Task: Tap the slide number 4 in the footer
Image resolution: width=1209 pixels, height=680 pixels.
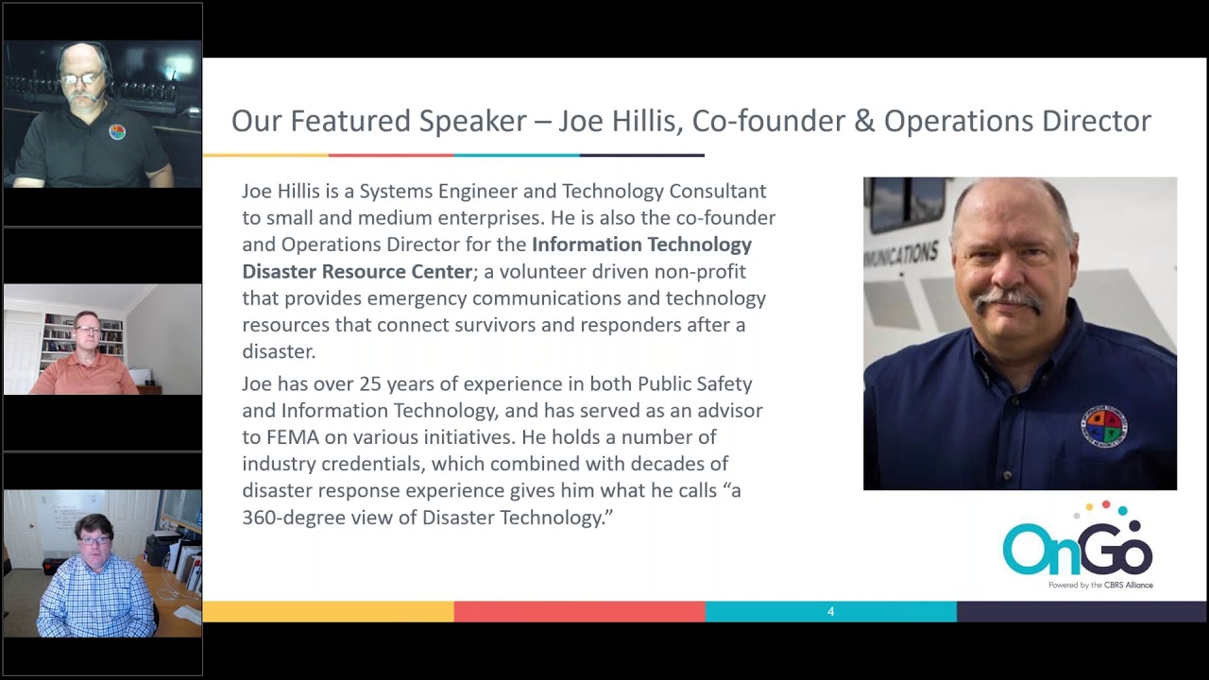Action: click(830, 612)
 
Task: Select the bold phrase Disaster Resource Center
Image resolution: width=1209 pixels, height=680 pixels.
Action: click(357, 272)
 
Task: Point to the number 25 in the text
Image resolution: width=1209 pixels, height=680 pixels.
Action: click(359, 384)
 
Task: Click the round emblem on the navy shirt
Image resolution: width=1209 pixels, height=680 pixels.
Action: click(1104, 427)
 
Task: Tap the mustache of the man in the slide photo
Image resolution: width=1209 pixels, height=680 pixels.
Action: click(1009, 299)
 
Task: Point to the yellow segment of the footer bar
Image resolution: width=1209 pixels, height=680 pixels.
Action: click(328, 612)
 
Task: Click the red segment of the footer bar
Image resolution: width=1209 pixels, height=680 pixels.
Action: click(579, 612)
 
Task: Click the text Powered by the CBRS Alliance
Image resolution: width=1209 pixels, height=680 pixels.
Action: click(1099, 586)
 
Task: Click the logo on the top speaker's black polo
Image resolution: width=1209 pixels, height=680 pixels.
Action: click(117, 132)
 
